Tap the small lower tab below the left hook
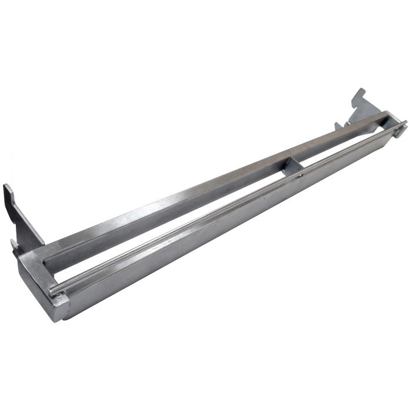click(x=15, y=247)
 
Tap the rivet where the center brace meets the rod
click(x=300, y=175)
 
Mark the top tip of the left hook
click(x=6, y=187)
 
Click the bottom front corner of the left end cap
click(x=59, y=320)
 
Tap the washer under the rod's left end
click(x=57, y=294)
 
